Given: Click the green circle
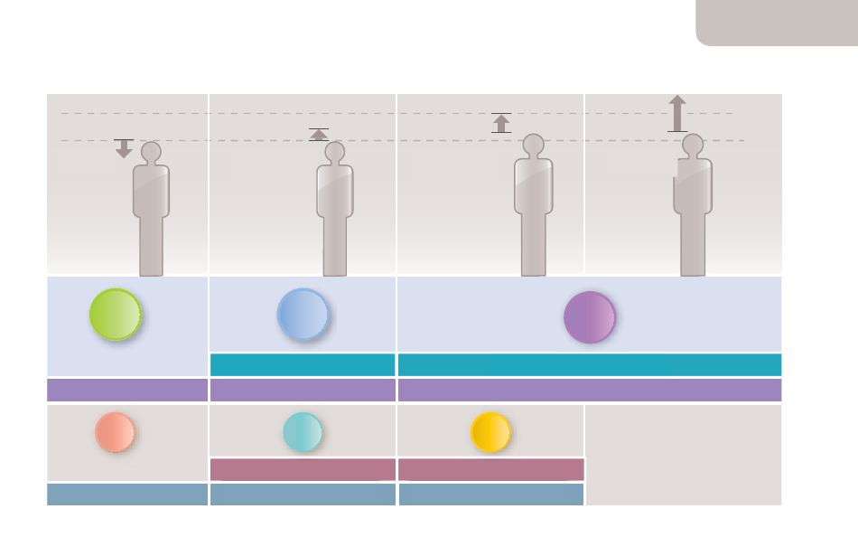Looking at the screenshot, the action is tap(116, 315).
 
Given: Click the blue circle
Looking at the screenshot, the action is tap(303, 315).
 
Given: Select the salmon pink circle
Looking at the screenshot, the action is tap(115, 432).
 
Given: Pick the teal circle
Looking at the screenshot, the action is tap(303, 432).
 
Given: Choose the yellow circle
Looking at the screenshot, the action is tap(490, 432).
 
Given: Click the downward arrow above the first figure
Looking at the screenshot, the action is tap(124, 148).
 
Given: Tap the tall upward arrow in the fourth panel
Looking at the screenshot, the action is tap(677, 113).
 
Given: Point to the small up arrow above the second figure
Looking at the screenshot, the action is tap(319, 135).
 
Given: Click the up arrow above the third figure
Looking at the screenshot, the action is tap(501, 123).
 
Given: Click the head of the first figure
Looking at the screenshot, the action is tap(151, 151).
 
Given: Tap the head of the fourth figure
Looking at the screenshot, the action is tap(693, 144).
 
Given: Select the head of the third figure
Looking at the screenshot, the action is tap(534, 144).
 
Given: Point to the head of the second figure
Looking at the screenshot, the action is tap(335, 151).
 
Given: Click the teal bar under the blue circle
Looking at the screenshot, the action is tap(303, 365).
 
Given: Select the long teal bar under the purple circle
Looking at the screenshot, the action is tap(589, 365).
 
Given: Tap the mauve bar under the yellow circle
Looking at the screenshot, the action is tap(490, 469).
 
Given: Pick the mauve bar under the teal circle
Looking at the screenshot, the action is tap(303, 469).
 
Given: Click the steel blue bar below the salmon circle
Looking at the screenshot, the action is tap(127, 495).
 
